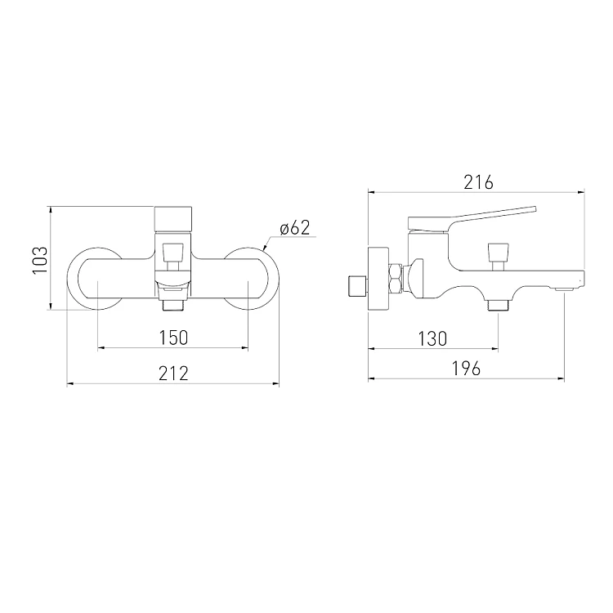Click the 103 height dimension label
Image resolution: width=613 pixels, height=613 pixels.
coord(40,261)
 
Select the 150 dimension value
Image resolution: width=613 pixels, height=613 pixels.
coord(173,338)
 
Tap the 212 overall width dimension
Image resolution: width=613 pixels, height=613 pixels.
coord(173,373)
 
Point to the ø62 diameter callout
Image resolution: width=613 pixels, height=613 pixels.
coord(295,228)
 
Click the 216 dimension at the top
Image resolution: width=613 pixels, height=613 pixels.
coord(478,182)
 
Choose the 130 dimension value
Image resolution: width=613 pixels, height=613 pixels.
coord(432,338)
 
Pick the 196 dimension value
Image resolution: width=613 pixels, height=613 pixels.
coord(466,369)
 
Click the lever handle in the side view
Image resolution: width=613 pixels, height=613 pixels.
coord(472,217)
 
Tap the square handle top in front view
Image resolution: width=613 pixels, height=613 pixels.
coord(173,219)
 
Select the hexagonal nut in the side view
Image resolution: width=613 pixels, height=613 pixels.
coord(396,278)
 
